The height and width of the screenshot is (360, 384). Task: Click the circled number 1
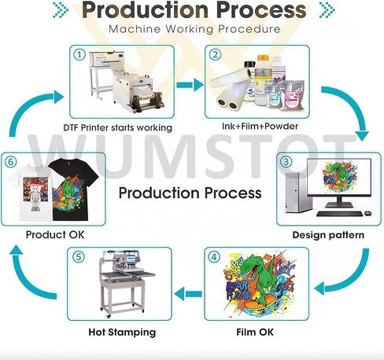(x=79, y=55)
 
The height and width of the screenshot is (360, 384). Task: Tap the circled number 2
(x=215, y=55)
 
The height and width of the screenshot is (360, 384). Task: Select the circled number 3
(x=286, y=162)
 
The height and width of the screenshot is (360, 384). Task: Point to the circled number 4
(x=214, y=257)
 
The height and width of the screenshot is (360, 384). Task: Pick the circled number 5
(x=79, y=257)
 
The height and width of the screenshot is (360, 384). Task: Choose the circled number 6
(x=10, y=162)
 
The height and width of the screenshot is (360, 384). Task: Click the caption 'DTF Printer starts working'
(x=118, y=128)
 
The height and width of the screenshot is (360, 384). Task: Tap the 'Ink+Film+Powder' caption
(x=260, y=127)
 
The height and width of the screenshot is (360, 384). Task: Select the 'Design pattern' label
(x=328, y=235)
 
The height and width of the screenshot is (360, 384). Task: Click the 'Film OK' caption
(x=255, y=332)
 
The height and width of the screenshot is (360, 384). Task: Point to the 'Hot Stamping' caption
(x=122, y=332)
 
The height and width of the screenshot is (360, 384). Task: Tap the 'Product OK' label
(x=55, y=234)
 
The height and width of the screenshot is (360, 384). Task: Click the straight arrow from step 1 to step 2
(x=190, y=85)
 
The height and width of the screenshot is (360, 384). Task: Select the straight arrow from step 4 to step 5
(x=188, y=294)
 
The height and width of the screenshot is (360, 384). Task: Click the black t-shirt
(x=72, y=189)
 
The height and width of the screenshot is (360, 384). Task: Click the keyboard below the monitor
(x=340, y=214)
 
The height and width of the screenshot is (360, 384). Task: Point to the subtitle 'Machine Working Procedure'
(x=194, y=29)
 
